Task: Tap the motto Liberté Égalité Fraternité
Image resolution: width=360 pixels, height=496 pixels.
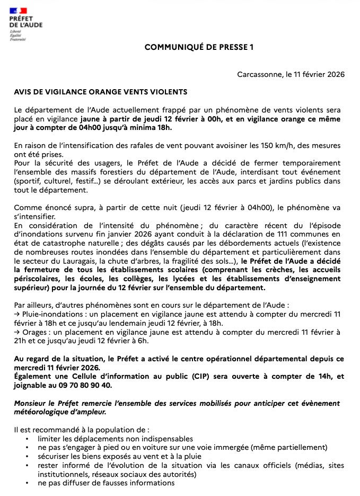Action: (15, 36)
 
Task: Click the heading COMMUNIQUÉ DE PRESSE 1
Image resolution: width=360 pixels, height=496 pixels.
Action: (199, 47)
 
